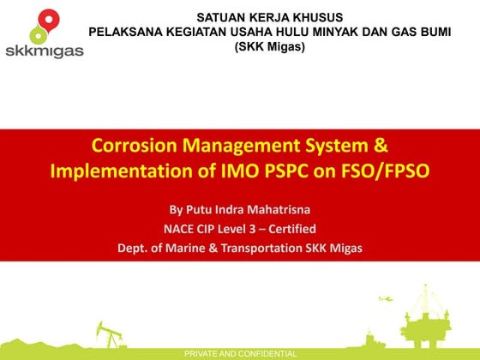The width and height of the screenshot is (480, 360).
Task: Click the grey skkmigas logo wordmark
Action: (44, 51)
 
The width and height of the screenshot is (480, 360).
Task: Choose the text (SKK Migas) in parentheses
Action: (269, 46)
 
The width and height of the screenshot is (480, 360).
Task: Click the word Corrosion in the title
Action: (137, 147)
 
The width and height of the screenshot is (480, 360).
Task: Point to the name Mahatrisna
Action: (282, 210)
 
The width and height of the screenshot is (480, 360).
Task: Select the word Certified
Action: (291, 229)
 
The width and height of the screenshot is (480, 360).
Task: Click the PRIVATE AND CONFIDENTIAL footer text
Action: (241, 354)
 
